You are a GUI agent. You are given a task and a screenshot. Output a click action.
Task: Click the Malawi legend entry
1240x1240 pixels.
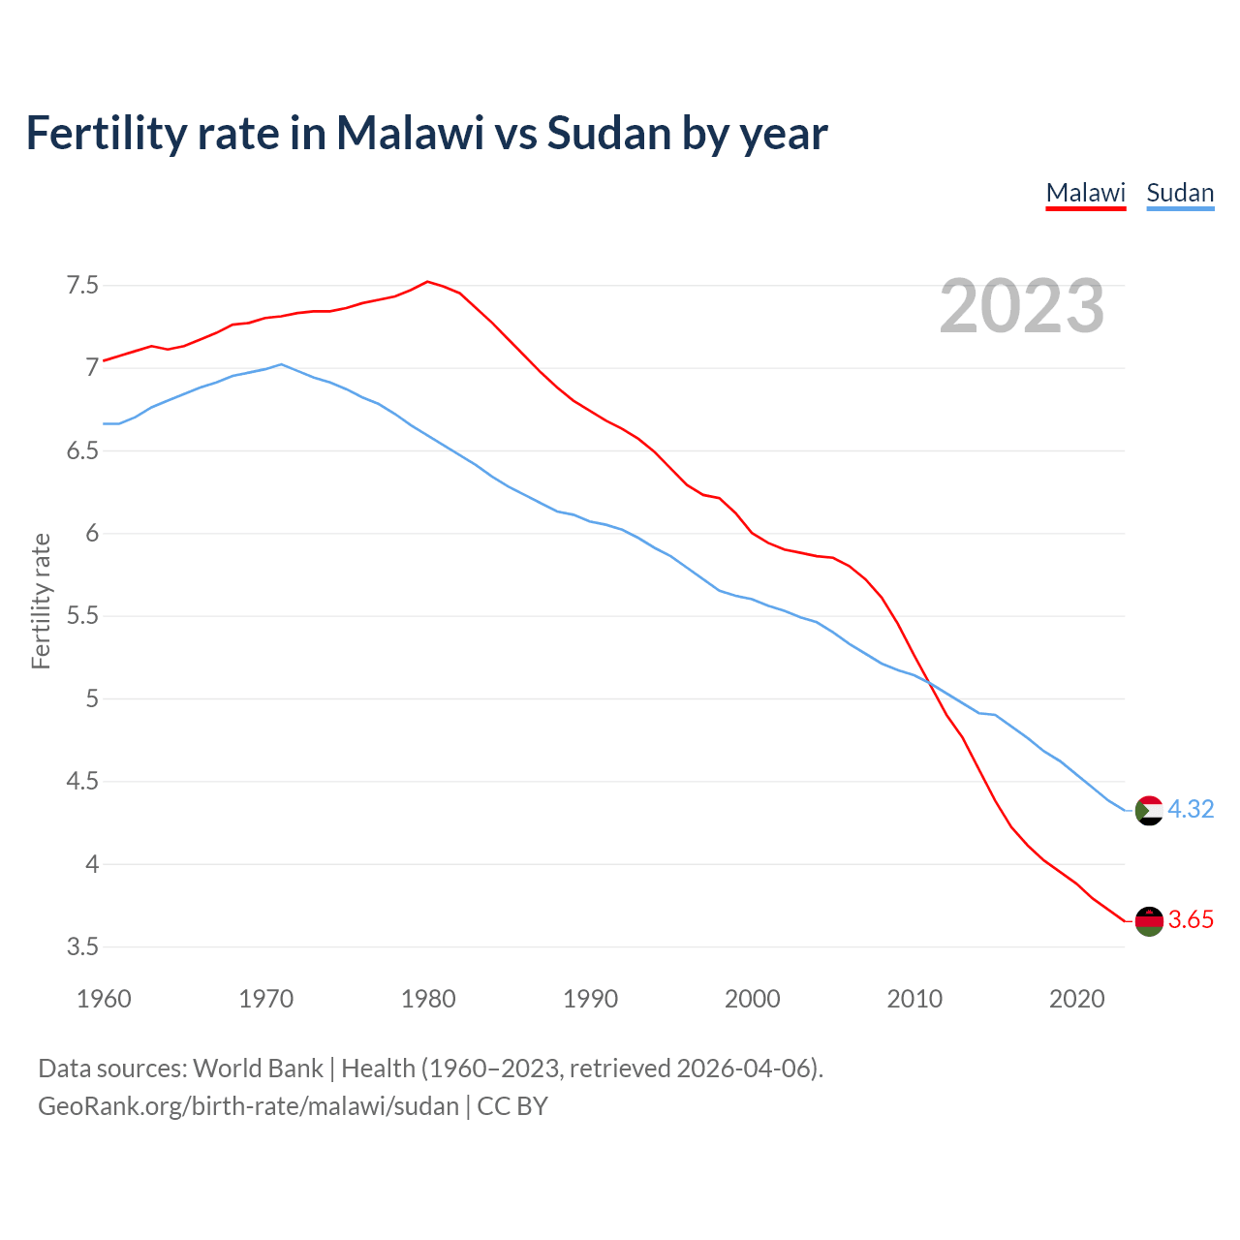click(1086, 193)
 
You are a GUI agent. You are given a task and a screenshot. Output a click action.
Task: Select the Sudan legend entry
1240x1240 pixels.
click(1180, 193)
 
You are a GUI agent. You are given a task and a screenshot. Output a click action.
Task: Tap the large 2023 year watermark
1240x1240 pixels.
click(1022, 306)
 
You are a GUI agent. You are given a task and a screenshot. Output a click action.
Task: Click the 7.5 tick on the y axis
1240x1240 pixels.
click(82, 285)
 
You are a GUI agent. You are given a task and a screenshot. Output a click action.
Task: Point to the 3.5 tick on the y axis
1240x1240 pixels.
click(82, 946)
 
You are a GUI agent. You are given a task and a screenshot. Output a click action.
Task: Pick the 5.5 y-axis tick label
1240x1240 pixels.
click(82, 616)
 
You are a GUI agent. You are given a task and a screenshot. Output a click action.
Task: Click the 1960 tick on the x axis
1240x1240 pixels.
click(104, 999)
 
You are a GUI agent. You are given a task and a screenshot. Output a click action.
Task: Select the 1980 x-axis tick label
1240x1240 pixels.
click(428, 999)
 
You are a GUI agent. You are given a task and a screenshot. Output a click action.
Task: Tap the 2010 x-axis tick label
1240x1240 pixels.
click(914, 999)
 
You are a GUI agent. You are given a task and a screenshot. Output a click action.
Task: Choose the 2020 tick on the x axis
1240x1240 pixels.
click(1076, 999)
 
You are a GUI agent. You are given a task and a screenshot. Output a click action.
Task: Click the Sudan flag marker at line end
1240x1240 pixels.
click(1149, 810)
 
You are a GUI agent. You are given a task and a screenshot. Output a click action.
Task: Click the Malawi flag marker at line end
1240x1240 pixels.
click(1149, 921)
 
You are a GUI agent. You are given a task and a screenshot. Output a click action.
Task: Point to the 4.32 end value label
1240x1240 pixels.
click(1191, 809)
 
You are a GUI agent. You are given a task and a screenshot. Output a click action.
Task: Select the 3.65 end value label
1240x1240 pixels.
click(1191, 920)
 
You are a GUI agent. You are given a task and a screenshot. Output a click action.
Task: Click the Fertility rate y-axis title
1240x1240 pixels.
click(41, 601)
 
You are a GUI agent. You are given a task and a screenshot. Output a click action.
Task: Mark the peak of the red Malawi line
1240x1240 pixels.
click(428, 281)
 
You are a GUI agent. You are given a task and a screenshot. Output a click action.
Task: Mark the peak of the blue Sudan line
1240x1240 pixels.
click(281, 364)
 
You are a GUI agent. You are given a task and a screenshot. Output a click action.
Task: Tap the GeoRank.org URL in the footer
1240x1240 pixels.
click(248, 1105)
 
